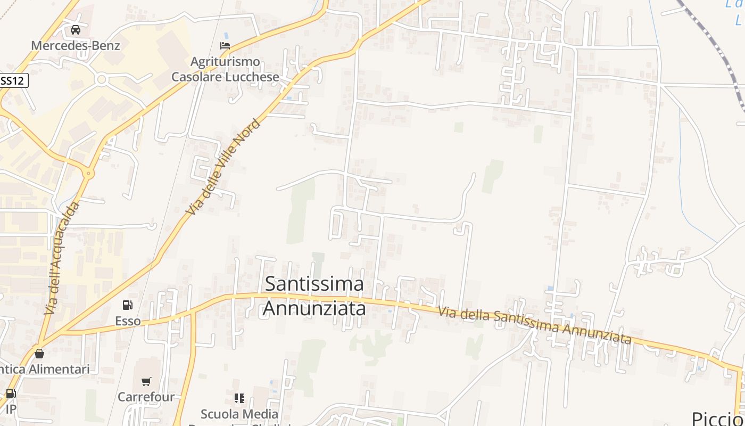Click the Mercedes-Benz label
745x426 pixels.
coord(75,45)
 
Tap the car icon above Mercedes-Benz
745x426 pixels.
coord(76,30)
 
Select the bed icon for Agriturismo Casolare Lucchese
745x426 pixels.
coord(225,46)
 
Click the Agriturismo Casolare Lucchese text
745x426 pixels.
coord(225,69)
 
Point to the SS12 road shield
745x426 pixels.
coord(13,80)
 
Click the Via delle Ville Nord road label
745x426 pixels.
coord(224,167)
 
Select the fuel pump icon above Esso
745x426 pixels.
coord(128,305)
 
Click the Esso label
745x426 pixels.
coord(128,321)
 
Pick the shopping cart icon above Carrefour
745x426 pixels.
coord(146,381)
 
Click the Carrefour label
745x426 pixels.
coord(146,397)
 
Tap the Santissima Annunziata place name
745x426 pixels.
coord(314,296)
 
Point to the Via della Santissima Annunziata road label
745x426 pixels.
coord(535,325)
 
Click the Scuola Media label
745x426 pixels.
coord(239,414)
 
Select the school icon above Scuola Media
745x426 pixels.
coord(239,398)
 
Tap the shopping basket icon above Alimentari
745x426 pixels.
coord(39,353)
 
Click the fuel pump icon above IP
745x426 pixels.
coord(10,394)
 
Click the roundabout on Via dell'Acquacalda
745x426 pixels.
coord(88,174)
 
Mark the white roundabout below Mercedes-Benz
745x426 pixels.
coord(101,80)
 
